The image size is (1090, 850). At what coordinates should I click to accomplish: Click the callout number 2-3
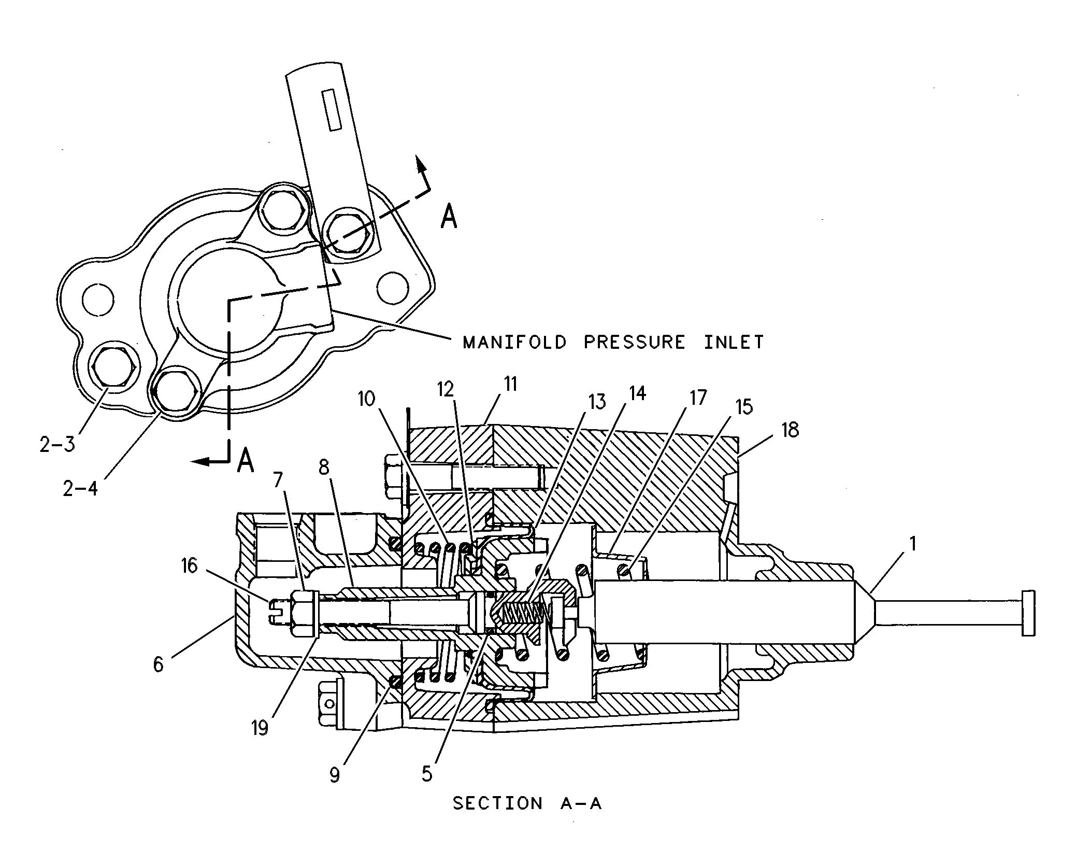click(57, 445)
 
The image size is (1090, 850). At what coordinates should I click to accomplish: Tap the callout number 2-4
click(80, 488)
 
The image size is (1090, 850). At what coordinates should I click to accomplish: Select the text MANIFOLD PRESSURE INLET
click(613, 342)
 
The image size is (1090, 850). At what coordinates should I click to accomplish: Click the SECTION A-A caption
click(527, 803)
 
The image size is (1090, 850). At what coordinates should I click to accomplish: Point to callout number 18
click(790, 430)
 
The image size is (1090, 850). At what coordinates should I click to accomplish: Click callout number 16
click(189, 565)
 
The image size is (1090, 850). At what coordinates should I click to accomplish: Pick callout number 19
click(260, 729)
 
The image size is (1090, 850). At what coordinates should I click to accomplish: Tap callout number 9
click(335, 775)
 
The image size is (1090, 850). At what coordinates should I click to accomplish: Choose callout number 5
click(426, 774)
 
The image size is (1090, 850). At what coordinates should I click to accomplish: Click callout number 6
click(158, 664)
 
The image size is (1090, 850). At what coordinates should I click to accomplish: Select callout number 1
click(913, 544)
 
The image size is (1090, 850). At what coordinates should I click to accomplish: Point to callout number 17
click(698, 398)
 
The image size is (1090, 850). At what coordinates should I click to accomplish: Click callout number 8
click(324, 467)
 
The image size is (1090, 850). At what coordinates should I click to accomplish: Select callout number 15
click(744, 407)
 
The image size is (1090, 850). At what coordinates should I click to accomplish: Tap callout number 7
click(278, 480)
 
